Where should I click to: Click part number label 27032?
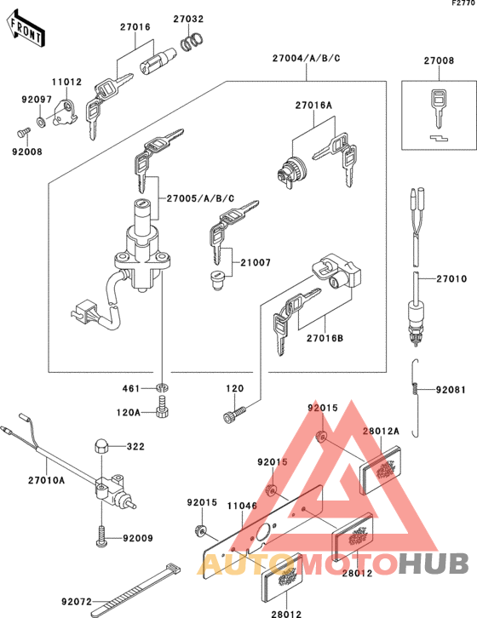click(189, 18)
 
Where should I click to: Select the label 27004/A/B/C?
click(307, 58)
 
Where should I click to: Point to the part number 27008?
click(440, 60)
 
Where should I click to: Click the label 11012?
click(66, 83)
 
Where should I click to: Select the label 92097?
click(36, 100)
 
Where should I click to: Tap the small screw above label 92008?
click(22, 132)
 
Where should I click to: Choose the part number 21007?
click(255, 263)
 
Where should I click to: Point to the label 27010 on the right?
click(452, 278)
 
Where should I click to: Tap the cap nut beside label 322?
click(98, 446)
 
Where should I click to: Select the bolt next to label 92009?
click(101, 537)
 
